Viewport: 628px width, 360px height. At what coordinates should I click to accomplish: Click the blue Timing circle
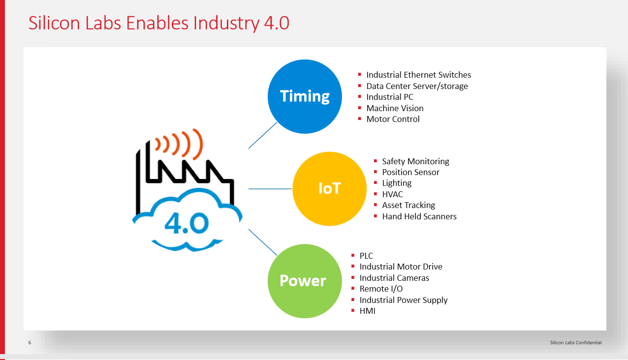point(305,96)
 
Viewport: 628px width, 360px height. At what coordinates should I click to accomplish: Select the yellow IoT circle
point(329,188)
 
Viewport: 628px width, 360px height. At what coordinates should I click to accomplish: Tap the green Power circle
point(305,281)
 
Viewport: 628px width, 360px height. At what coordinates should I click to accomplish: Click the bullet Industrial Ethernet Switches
point(418,75)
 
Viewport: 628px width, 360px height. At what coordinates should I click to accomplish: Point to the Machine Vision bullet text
point(395,108)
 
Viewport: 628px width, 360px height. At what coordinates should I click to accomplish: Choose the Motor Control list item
point(393,119)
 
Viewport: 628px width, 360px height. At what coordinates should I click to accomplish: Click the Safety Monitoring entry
point(415,161)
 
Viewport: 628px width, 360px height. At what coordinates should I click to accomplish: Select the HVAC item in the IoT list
point(393,194)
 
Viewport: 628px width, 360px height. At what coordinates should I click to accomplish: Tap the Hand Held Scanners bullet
point(419,216)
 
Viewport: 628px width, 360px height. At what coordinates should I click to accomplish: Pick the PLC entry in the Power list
point(366,256)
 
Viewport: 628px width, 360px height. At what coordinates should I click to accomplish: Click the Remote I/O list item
point(381,289)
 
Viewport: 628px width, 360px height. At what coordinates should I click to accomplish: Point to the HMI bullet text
point(367,311)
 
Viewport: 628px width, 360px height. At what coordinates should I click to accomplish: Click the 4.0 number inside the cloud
point(187,223)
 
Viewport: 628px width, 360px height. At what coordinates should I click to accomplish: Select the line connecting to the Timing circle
point(263,135)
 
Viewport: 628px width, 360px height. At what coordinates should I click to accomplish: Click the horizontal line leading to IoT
point(270,189)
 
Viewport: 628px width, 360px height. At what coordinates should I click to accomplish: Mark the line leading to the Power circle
point(263,242)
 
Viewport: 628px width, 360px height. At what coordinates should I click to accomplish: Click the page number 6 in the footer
point(30,343)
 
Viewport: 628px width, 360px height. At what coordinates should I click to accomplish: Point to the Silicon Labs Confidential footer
point(575,343)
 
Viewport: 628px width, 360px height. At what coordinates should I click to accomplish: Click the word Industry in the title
point(226,24)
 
